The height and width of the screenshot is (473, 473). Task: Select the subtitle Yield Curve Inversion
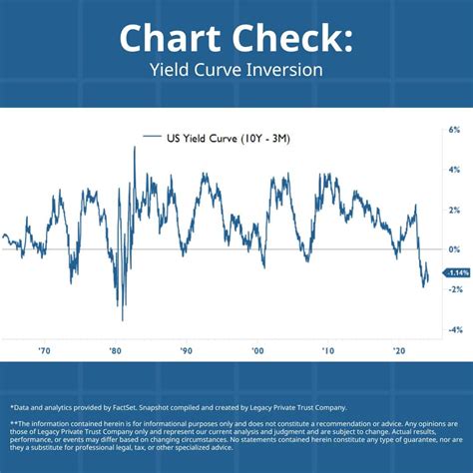[x=236, y=71]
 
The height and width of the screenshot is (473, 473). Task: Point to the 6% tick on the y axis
[x=454, y=130]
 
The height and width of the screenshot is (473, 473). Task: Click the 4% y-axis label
[x=454, y=170]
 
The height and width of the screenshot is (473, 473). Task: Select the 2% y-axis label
[x=454, y=210]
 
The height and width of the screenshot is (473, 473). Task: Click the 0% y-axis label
[x=454, y=249]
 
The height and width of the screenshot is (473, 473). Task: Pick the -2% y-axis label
[x=453, y=289]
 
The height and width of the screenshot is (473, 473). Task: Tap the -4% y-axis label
[x=453, y=329]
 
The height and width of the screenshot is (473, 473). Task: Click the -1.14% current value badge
[x=457, y=272]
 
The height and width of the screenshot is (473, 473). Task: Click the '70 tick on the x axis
[x=44, y=351]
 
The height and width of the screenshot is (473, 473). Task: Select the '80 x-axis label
[x=115, y=351]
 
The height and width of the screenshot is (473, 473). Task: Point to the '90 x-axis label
[x=186, y=351]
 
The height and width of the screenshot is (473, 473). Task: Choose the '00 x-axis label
[x=257, y=351]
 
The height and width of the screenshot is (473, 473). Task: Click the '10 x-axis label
[x=328, y=351]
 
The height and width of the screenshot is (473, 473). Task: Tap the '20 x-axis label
[x=399, y=351]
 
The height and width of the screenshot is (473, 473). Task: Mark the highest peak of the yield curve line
[x=135, y=148]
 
